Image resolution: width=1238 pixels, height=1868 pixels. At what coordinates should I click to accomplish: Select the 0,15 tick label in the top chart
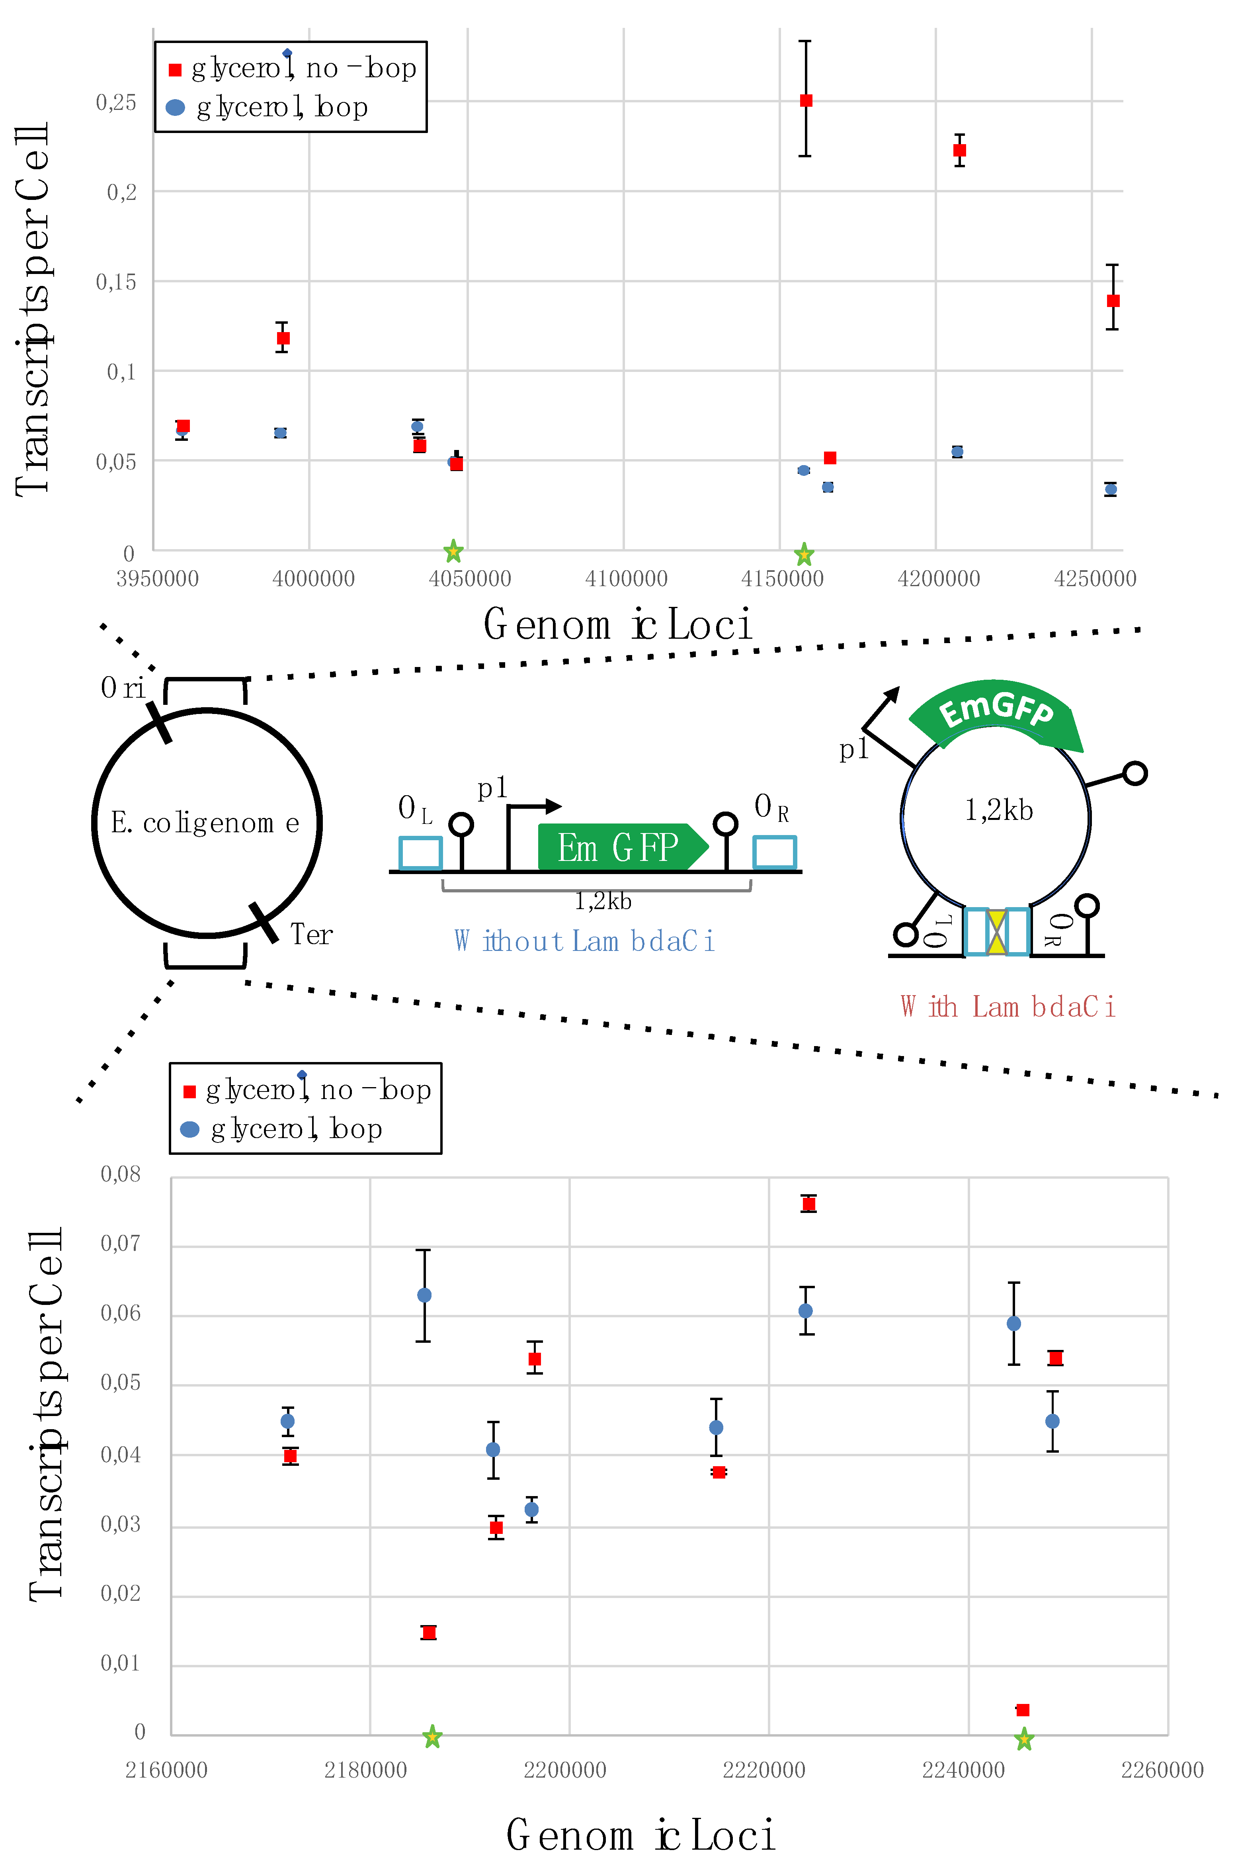[116, 282]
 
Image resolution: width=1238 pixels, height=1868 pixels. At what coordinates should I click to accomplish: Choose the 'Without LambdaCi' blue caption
[585, 941]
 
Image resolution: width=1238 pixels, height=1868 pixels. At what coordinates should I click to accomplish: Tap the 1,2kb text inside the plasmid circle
[999, 810]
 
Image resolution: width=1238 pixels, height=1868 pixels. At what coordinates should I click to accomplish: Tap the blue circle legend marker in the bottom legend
[189, 1129]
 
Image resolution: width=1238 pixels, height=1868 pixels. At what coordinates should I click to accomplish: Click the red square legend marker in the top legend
[175, 70]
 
